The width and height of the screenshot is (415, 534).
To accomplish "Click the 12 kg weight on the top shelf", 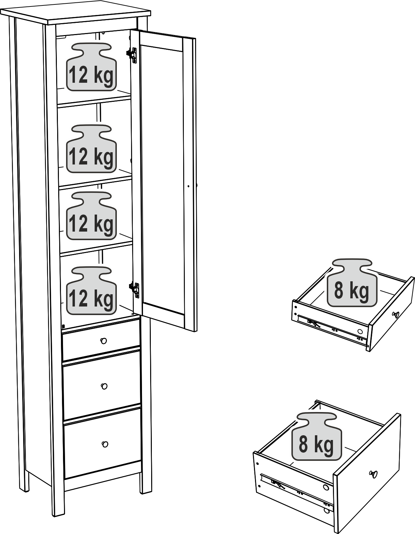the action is click(91, 67).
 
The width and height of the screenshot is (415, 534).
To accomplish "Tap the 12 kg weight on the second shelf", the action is click(91, 149).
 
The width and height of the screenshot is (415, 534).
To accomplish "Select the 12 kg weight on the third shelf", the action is click(91, 216).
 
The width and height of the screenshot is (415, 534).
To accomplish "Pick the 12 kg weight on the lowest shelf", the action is click(91, 291).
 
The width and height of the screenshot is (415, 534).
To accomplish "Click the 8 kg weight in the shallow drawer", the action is click(352, 283).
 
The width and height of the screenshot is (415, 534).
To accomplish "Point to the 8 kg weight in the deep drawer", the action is click(317, 436).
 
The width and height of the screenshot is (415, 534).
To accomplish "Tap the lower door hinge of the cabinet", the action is click(134, 290).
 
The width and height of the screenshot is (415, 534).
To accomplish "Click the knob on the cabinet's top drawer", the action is click(103, 341).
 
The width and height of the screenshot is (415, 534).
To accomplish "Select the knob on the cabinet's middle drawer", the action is click(104, 386).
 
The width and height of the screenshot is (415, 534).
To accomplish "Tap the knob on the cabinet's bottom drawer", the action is click(105, 444).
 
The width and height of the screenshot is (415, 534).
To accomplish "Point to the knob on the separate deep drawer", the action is click(373, 474).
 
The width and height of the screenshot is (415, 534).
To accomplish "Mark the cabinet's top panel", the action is click(75, 16).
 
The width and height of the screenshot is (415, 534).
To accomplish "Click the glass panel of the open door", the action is click(163, 179).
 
